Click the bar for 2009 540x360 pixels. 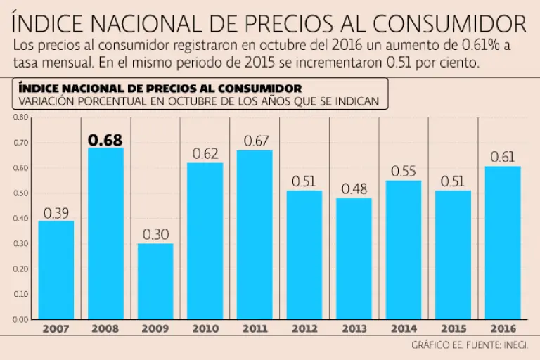[x=155, y=281]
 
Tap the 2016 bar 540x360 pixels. [x=503, y=243]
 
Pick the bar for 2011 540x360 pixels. [x=255, y=235]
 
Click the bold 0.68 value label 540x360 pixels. [x=105, y=140]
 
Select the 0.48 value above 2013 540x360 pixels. [x=354, y=190]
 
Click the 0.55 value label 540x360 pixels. [x=404, y=172]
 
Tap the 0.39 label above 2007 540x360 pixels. [x=56, y=213]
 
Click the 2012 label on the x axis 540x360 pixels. [x=304, y=328]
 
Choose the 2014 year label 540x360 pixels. [x=404, y=328]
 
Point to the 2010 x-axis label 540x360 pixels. [x=205, y=328]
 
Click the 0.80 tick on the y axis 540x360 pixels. [x=20, y=117]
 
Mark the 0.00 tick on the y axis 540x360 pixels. [x=20, y=320]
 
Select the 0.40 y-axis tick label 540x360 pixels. [x=20, y=219]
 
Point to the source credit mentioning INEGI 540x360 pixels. [x=470, y=345]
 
